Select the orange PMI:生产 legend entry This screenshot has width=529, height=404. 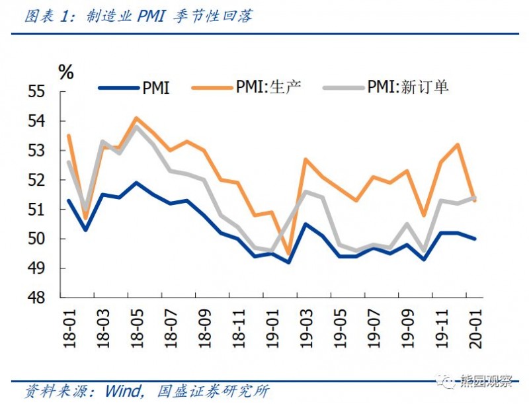[248, 87]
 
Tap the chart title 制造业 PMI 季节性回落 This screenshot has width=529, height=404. [169, 17]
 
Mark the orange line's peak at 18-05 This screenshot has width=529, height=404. [136, 118]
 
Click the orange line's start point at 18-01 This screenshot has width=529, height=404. [69, 136]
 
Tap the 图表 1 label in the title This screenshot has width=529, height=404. [50, 17]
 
